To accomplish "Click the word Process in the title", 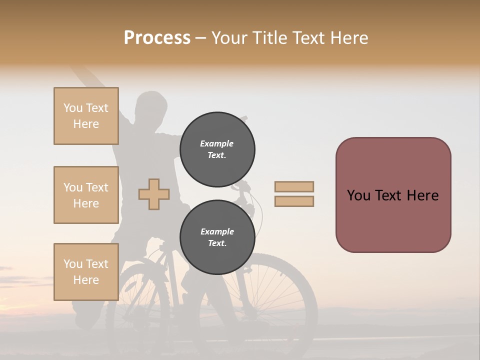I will (157, 38).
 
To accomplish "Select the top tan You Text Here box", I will (86, 116).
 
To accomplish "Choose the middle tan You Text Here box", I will (86, 195).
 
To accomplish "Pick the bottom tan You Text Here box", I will (86, 272).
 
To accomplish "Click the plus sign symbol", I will (154, 194).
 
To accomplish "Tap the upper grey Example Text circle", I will (217, 149).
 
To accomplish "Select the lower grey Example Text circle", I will (217, 237).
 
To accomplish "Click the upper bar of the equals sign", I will (294, 187).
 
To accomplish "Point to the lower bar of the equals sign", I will (294, 201).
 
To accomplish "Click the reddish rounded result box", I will (393, 195).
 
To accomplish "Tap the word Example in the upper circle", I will (217, 143).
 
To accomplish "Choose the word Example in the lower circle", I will (217, 231).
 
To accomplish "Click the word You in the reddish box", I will (358, 195).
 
